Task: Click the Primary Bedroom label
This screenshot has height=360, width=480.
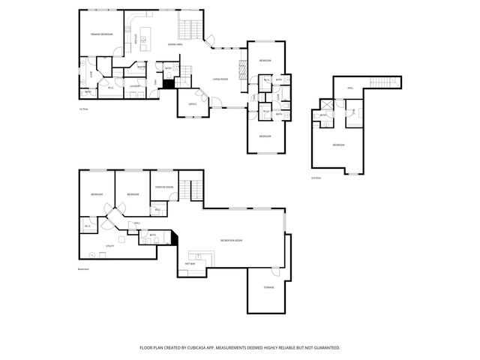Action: [x=101, y=34]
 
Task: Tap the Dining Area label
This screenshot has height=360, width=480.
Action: [x=175, y=44]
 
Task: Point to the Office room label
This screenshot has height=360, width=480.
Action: [x=192, y=103]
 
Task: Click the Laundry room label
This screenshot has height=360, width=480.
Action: [x=136, y=87]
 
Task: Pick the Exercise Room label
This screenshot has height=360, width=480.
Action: [x=164, y=186]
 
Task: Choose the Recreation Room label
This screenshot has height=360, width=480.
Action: [x=231, y=240]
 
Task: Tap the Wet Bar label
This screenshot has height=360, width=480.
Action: [x=190, y=263]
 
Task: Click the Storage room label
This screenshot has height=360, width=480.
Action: [x=268, y=287]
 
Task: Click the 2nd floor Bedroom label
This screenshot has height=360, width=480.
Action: [x=339, y=145]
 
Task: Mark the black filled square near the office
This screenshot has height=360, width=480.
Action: [x=169, y=84]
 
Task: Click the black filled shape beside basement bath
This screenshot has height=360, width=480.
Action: [x=174, y=237]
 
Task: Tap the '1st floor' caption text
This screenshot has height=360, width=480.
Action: [x=84, y=109]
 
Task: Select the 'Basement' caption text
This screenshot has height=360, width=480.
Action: [x=84, y=269]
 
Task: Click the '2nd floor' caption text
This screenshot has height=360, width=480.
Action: [x=316, y=178]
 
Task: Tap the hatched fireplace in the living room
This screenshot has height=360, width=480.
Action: [x=242, y=70]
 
